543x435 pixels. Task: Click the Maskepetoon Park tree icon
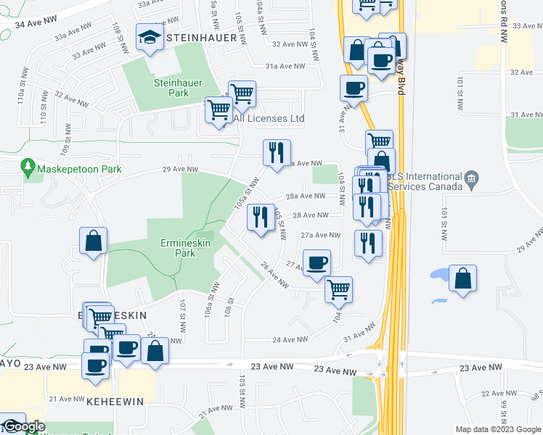click(28, 168)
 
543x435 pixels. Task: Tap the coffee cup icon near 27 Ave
click(316, 263)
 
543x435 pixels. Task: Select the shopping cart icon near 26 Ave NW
click(338, 289)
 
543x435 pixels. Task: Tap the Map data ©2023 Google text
click(498, 429)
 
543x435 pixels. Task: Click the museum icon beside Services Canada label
click(472, 178)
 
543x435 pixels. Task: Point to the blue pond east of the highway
click(439, 275)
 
